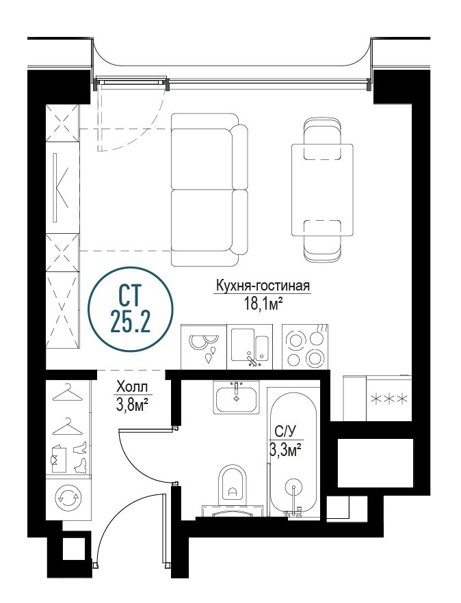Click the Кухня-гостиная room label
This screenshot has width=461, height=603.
(263, 286)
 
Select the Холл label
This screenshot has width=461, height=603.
(131, 386)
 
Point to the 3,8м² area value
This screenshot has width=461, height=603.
(132, 404)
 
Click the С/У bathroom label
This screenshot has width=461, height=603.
(285, 432)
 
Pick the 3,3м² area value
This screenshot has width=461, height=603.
(285, 450)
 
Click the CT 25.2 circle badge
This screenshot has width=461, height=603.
(131, 308)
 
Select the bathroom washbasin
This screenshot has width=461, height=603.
(236, 397)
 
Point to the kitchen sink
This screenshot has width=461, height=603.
(250, 347)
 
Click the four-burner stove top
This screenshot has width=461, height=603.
(306, 347)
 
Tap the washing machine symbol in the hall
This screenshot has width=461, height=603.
(69, 498)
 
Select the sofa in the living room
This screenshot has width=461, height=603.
(209, 189)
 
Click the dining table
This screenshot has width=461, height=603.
(322, 189)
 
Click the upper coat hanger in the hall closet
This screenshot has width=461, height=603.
(68, 392)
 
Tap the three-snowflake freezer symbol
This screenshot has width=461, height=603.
(388, 399)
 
